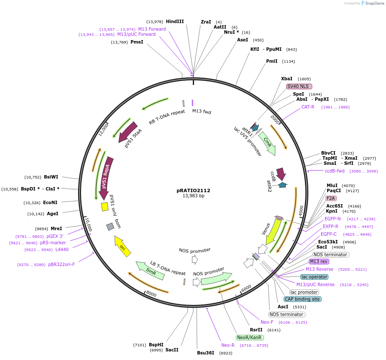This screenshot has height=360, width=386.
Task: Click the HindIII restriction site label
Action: pyautogui.click(x=175, y=21)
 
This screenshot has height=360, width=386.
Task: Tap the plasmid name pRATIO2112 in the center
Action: pyautogui.click(x=193, y=190)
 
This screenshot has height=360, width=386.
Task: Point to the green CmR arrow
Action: pyautogui.click(x=268, y=143)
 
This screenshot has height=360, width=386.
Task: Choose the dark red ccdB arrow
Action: pyautogui.click(x=281, y=174)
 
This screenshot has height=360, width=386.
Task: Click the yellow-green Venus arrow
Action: pyautogui.click(x=273, y=231)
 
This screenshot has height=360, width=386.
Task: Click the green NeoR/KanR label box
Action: pyautogui.click(x=250, y=337)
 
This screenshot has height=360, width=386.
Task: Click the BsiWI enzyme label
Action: pyautogui.click(x=51, y=177)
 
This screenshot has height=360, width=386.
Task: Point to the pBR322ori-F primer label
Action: pyautogui.click(x=61, y=264)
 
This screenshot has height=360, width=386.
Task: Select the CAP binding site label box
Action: pyautogui.click(x=302, y=299)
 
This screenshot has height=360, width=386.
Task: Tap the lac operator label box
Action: pyautogui.click(x=314, y=277)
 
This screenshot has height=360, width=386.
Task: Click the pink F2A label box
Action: pyautogui.click(x=331, y=198)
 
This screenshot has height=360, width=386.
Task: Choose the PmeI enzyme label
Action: pyautogui.click(x=137, y=42)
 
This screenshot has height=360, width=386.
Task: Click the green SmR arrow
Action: pyautogui.click(x=150, y=271)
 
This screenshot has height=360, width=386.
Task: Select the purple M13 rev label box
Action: pyautogui.click(x=319, y=261)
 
